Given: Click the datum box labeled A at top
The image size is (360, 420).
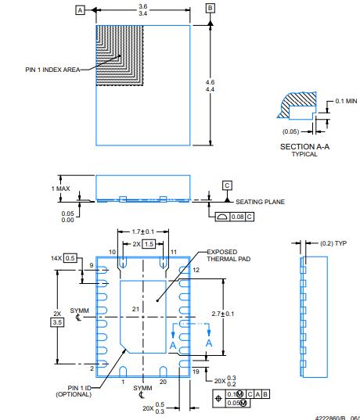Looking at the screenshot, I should (79, 10).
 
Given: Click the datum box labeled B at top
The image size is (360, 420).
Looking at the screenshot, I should (210, 8).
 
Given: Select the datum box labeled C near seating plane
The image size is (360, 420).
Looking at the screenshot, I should (227, 185).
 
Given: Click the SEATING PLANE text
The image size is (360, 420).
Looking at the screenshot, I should (260, 201).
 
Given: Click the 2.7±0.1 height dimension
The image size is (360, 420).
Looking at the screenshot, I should (234, 314).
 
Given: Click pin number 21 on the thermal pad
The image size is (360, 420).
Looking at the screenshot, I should (136, 310).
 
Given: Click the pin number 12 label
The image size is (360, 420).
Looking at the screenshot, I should (196, 269).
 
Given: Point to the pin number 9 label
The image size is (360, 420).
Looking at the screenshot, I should (91, 266).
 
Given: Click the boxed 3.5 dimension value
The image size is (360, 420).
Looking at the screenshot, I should (56, 321).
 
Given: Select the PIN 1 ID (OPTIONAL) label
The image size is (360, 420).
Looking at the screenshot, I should (74, 390).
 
